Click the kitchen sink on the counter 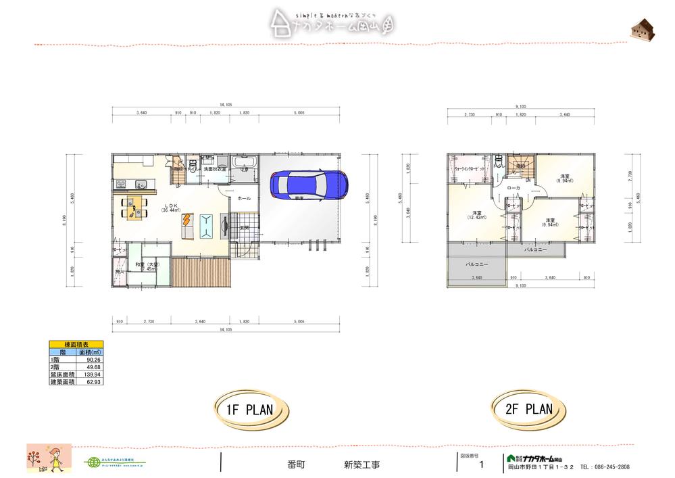[141, 183]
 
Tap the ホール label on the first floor [244, 198]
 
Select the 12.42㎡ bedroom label [476, 215]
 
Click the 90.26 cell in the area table [93, 360]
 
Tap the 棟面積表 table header [76, 345]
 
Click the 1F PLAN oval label [249, 410]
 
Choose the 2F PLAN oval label [528, 408]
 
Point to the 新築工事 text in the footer [361, 464]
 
